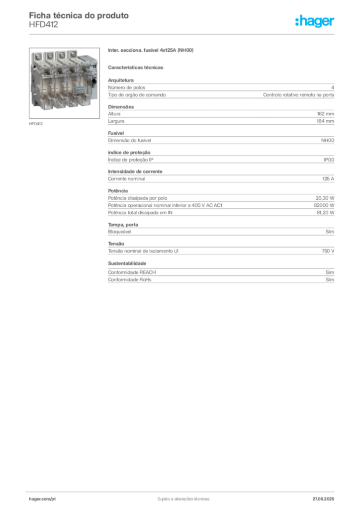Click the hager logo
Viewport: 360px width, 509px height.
pos(315,21)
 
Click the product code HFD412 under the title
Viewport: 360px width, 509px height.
pos(43,25)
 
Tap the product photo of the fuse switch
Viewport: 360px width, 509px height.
pos(64,83)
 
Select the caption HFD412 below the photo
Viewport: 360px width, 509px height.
pos(36,124)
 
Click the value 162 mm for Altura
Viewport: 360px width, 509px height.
pos(325,114)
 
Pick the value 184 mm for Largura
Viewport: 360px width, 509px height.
pos(325,121)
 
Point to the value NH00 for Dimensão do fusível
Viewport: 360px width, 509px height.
pos(328,141)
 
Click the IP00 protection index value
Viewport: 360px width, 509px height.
pos(329,160)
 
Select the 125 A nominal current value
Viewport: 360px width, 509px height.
pos(328,179)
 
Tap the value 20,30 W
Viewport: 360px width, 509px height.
pos(325,198)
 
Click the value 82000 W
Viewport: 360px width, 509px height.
pos(324,205)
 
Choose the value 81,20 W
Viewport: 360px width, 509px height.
pos(325,213)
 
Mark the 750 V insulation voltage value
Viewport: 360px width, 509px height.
pos(328,251)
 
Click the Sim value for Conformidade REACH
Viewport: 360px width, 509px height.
pos(330,272)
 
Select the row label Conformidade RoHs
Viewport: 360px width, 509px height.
pos(129,279)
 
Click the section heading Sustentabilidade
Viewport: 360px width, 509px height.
pos(127,263)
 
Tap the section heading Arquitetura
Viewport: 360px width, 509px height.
pos(121,80)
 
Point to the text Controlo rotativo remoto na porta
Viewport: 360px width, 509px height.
pos(298,95)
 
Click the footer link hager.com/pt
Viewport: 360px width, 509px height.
pos(42,499)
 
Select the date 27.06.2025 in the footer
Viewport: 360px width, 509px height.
pos(323,499)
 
